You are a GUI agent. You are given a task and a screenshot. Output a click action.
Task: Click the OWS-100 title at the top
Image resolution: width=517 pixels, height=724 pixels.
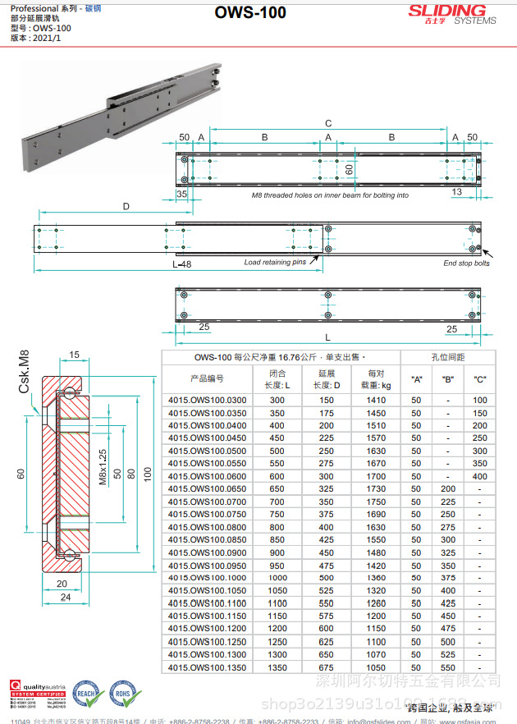[x=250, y=13]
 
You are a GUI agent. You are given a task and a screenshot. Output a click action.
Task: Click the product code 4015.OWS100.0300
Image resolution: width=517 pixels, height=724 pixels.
[x=207, y=401]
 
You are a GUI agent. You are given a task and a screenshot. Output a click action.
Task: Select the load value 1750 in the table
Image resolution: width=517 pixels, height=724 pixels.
[x=376, y=502]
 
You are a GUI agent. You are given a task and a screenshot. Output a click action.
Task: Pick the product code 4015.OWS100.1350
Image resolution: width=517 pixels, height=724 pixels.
[x=207, y=667]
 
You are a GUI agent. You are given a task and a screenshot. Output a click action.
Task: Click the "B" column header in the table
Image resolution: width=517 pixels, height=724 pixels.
[x=448, y=379]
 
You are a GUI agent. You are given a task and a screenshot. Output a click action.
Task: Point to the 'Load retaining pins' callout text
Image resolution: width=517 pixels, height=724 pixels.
[x=275, y=263]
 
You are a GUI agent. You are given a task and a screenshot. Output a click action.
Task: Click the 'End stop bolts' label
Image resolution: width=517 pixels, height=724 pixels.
[x=466, y=263]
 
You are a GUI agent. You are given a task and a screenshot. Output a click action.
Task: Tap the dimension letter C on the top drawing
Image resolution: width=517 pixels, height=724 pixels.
[x=328, y=122]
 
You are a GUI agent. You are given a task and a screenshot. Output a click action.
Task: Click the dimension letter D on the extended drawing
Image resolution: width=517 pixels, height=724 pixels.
[x=126, y=207]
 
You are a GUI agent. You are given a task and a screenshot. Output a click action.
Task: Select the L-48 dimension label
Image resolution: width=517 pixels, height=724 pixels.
[x=182, y=265]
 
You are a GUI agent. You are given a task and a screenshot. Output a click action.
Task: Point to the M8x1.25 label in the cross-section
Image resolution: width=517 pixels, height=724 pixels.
[x=103, y=467]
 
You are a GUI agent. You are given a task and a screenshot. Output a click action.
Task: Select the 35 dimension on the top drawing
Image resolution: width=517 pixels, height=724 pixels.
[x=181, y=195]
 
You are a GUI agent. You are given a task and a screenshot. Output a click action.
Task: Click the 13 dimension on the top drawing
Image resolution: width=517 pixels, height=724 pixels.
[x=457, y=191]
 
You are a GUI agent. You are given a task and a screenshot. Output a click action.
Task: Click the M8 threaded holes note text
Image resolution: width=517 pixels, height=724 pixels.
[x=329, y=195]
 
